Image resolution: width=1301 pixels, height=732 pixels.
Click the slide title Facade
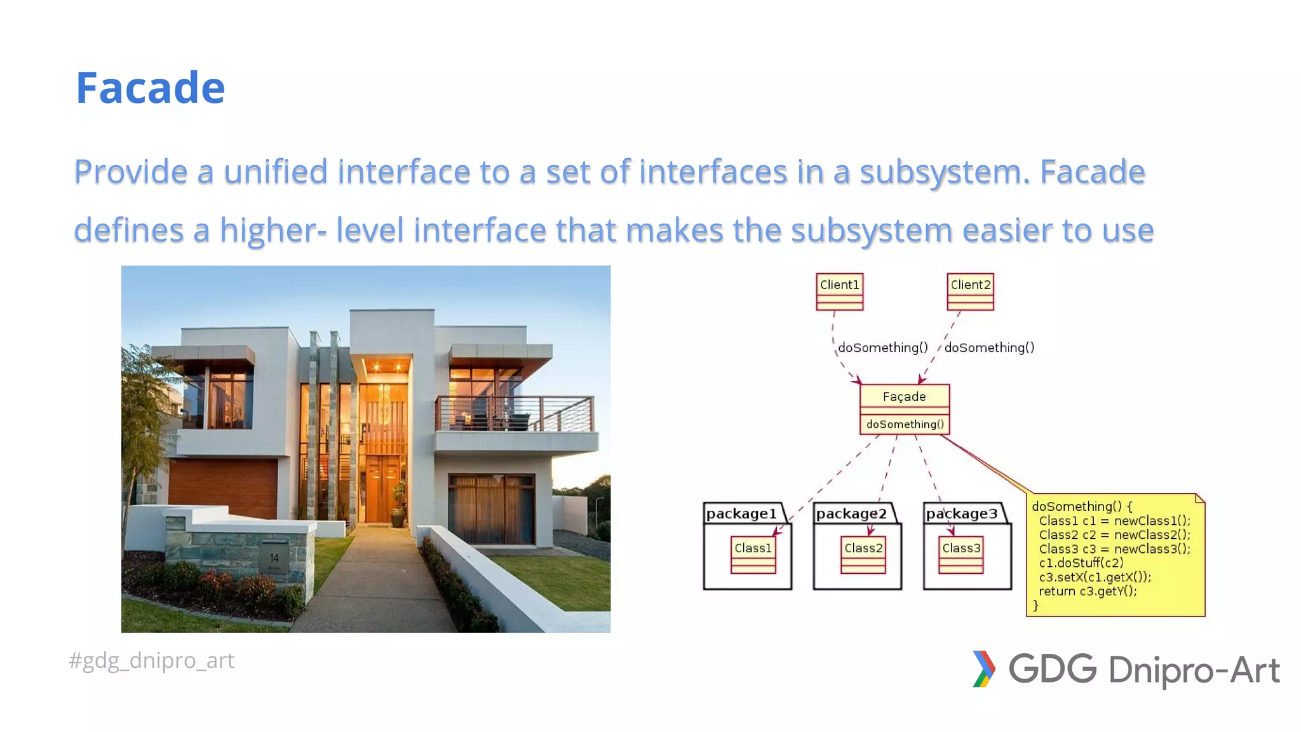[151, 88]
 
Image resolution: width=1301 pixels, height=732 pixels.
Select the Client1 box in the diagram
[839, 291]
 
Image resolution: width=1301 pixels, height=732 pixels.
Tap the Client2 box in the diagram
[970, 291]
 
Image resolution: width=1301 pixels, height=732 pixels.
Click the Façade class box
[905, 409]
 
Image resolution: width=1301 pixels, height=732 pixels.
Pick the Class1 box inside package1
[753, 555]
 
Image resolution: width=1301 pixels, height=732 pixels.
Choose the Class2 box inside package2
[863, 555]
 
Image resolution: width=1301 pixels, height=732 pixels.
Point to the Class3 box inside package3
[961, 555]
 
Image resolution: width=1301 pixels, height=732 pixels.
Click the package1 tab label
[741, 513]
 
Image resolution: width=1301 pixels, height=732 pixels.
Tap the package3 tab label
[962, 513]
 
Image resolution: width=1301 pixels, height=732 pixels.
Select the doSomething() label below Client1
[883, 348]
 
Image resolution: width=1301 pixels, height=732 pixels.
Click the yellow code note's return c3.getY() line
[1088, 591]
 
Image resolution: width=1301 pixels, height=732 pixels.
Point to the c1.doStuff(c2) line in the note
[1081, 563]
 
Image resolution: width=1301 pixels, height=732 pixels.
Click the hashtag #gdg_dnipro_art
[151, 660]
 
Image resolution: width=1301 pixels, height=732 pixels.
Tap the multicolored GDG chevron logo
[983, 669]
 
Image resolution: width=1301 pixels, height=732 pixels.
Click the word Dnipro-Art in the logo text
[1194, 670]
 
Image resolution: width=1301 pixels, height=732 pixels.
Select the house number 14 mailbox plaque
[274, 558]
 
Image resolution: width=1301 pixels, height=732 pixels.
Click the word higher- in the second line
[274, 230]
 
